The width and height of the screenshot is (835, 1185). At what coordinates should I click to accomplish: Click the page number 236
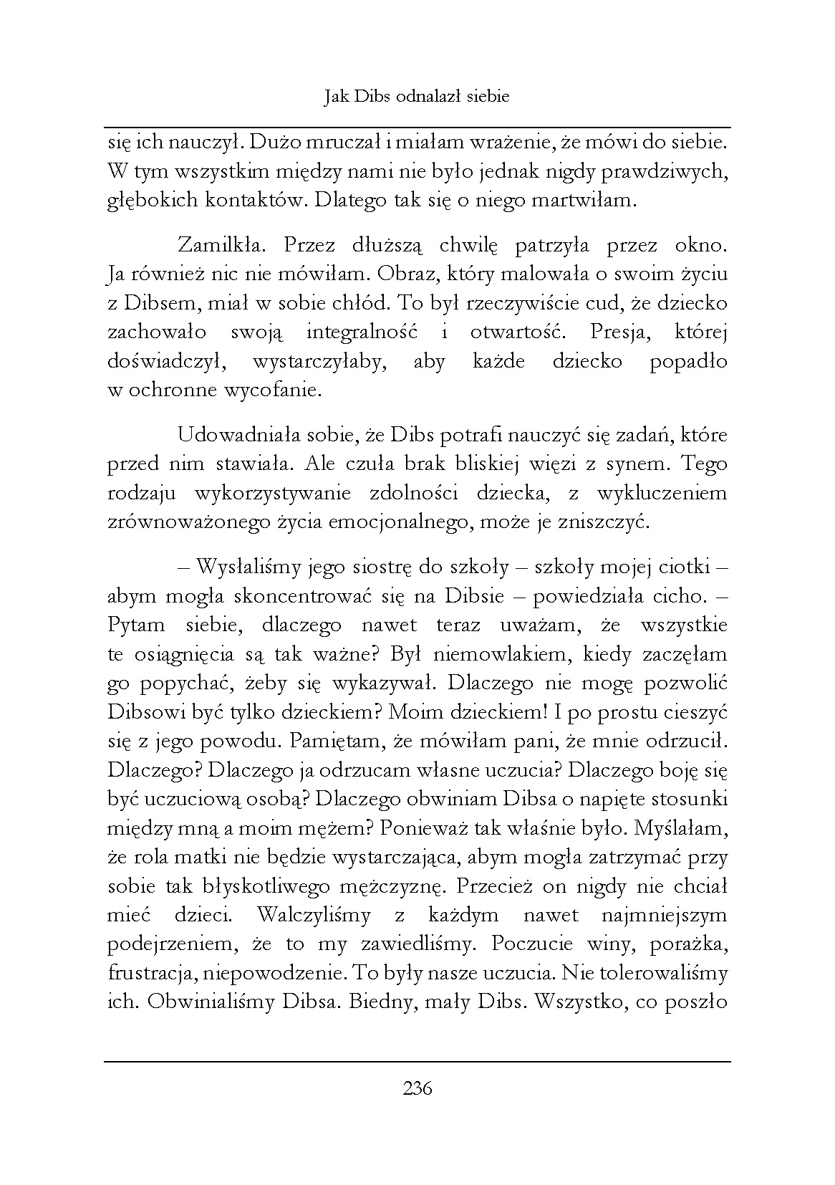(417, 1089)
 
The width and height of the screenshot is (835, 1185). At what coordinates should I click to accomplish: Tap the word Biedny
(379, 1002)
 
